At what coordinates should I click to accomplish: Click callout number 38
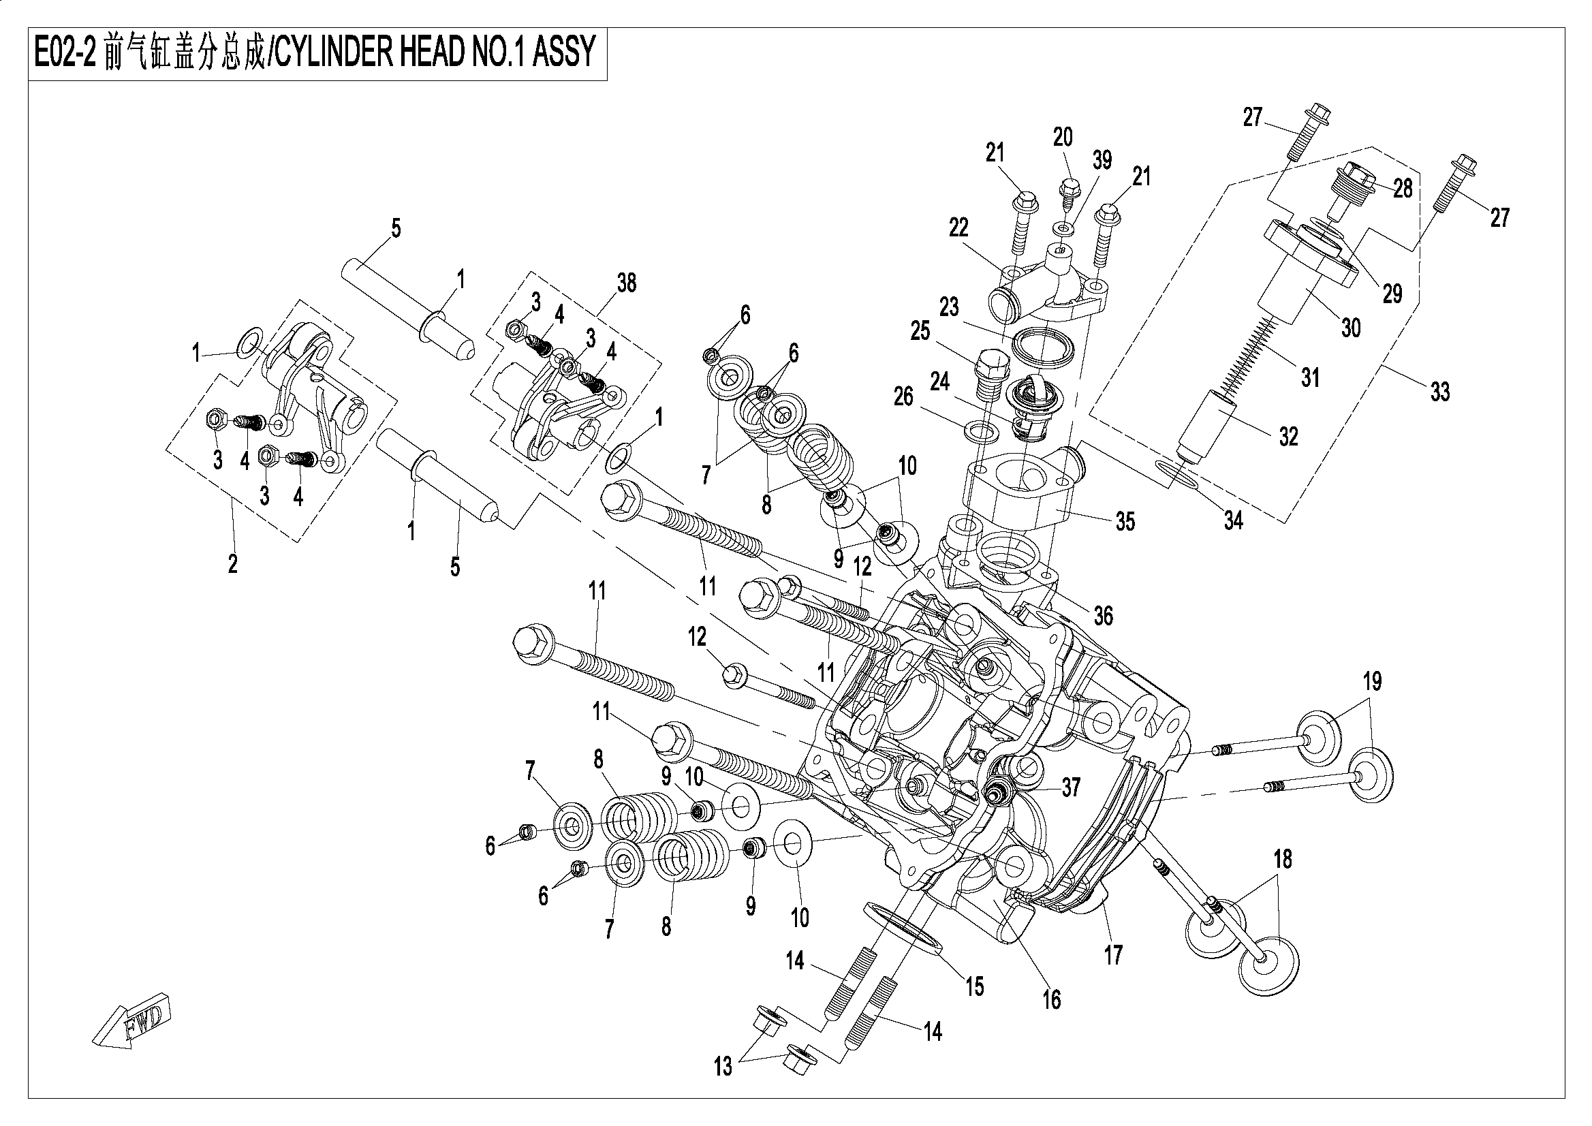click(x=626, y=283)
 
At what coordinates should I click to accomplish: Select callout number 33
click(x=1440, y=392)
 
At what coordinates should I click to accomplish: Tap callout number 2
click(x=233, y=564)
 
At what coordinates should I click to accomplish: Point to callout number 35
click(x=1125, y=521)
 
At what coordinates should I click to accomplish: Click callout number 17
click(x=1113, y=956)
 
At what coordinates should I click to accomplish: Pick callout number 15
click(x=975, y=986)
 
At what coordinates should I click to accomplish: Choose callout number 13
click(x=723, y=1067)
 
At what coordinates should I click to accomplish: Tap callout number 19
click(x=1372, y=682)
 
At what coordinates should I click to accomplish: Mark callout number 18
click(x=1283, y=860)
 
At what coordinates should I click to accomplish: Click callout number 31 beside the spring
click(x=1310, y=378)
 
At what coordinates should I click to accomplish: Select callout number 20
click(x=1063, y=138)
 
